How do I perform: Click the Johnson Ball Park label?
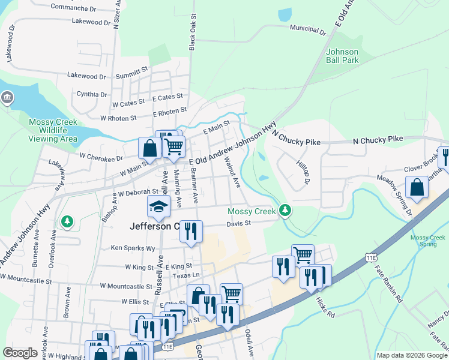coord(342,56)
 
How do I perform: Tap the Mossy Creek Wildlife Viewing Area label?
coord(53,130)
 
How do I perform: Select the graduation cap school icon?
coord(159,206)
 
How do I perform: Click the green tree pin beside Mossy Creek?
coord(286,210)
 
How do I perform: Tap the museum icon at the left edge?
coord(7,98)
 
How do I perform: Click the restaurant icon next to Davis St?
coord(191,231)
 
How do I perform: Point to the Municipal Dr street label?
coord(307,28)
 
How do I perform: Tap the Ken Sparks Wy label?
coord(133,247)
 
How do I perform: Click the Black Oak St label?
coord(193,34)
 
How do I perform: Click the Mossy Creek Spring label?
coord(429,241)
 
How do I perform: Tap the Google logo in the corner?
coord(20,353)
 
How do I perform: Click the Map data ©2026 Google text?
coord(412,355)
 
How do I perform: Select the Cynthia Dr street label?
coord(92,94)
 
